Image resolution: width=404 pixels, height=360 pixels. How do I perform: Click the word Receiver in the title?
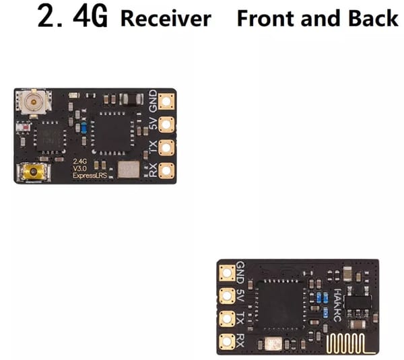coord(165,19)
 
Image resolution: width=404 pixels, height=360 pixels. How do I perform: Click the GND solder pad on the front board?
coord(166,102)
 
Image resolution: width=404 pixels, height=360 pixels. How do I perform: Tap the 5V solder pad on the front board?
coord(166,124)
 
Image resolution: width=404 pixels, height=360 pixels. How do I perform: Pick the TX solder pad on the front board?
coord(166,147)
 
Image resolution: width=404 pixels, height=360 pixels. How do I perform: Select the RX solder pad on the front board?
coord(166,170)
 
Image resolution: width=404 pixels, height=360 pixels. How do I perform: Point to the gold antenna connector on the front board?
coord(30,172)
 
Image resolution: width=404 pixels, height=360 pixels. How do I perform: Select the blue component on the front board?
coord(82,127)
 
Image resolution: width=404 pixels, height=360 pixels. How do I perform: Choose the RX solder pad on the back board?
coord(227,340)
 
